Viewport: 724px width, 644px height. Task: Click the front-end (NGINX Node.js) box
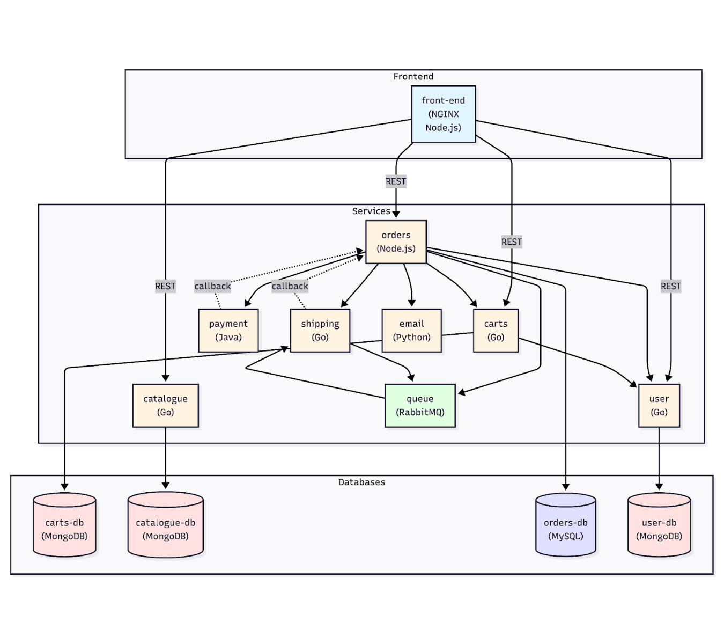tap(443, 114)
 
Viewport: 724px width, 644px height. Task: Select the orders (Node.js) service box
tap(396, 241)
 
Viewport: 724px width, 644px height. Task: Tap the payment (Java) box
tap(228, 331)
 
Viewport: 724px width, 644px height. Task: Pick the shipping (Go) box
tap(320, 331)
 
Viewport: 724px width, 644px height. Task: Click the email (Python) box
tap(411, 331)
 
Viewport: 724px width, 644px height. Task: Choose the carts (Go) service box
tap(496, 331)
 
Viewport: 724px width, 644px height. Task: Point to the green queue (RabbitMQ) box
tap(420, 406)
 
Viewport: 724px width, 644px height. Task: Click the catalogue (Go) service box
tap(165, 406)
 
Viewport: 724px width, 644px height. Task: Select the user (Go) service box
tap(659, 406)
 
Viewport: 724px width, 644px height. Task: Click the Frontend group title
tap(413, 77)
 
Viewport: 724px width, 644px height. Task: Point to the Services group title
tap(371, 211)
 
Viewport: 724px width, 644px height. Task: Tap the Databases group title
tap(361, 482)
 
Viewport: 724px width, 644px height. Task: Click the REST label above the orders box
tap(396, 181)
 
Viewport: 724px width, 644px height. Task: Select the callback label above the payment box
tap(212, 286)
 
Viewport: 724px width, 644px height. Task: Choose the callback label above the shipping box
tap(290, 286)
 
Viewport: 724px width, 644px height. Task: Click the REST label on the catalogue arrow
tap(165, 286)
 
